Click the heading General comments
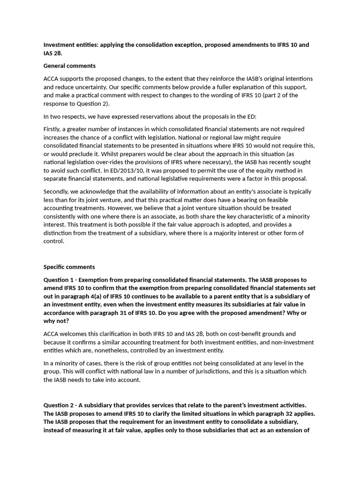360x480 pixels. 69,66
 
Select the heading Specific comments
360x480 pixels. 69,267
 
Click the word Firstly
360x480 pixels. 53,129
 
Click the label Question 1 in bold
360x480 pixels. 60,279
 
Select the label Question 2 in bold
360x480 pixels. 60,405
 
